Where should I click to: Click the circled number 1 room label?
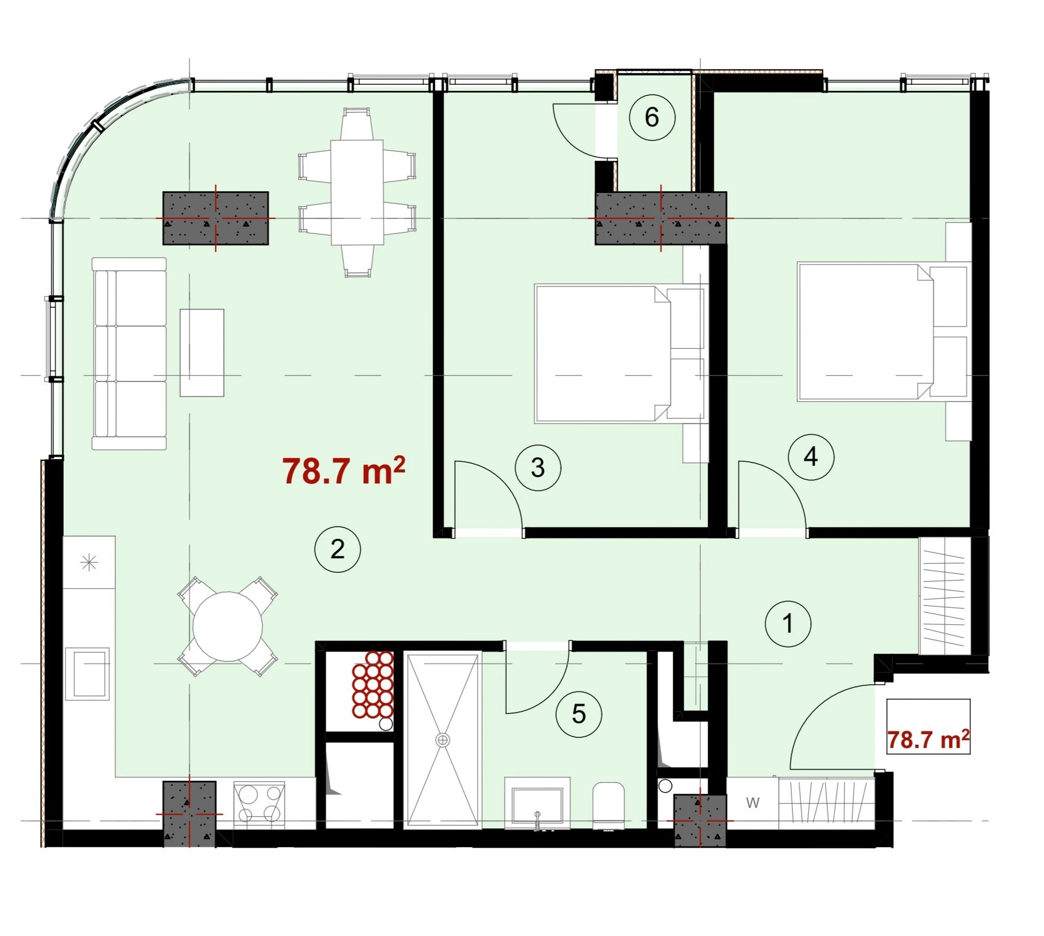pos(788,624)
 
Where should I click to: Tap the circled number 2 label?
pos(338,550)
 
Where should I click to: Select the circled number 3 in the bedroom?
pos(538,467)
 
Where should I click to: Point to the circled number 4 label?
pos(811,456)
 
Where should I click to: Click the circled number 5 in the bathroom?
pos(579,714)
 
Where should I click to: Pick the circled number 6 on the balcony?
pos(652,117)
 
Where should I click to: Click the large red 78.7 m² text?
pos(344,471)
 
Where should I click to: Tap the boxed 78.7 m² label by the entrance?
pos(929,740)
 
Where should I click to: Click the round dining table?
pos(227,627)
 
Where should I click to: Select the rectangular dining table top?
pos(358,192)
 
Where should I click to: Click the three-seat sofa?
pos(129,353)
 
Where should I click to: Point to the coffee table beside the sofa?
pos(202,353)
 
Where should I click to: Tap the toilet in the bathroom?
pos(608,806)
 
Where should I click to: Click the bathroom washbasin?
pos(537,803)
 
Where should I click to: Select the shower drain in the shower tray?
pos(442,740)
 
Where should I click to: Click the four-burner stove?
pos(259,805)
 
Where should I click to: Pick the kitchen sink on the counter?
pos(88,674)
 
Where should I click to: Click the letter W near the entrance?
pos(752,802)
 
